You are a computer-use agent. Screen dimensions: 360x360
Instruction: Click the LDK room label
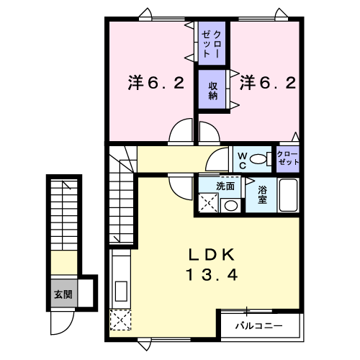coord(212,255)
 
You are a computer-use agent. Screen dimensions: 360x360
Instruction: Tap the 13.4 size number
coord(212,275)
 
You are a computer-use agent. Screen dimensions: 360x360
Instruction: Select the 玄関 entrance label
coord(63,294)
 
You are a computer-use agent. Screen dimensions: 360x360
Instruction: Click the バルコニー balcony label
coord(258,326)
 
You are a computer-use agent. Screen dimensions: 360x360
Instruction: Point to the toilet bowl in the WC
coord(258,159)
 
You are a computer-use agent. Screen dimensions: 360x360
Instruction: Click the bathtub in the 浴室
coord(288,195)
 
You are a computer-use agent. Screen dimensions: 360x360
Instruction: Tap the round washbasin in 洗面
coord(230,206)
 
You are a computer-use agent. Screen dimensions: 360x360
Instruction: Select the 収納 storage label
coord(212,91)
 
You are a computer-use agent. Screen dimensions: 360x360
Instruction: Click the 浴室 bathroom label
coord(262,195)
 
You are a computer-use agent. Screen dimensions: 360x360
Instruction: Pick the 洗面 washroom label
coord(225,186)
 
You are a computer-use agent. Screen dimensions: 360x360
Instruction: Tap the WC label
coord(243,161)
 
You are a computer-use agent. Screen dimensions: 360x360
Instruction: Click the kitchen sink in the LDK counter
coord(121,291)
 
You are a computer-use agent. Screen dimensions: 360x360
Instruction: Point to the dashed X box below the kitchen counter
coord(121,320)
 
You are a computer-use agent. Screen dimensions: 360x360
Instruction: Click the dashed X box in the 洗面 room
coord(209,203)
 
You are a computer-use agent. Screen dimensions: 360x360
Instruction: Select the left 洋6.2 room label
coord(156,83)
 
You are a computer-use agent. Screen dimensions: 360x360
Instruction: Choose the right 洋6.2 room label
coord(268,83)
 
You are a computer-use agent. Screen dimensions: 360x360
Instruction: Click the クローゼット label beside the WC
coord(288,158)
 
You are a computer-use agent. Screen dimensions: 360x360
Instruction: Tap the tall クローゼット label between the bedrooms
coord(211,44)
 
